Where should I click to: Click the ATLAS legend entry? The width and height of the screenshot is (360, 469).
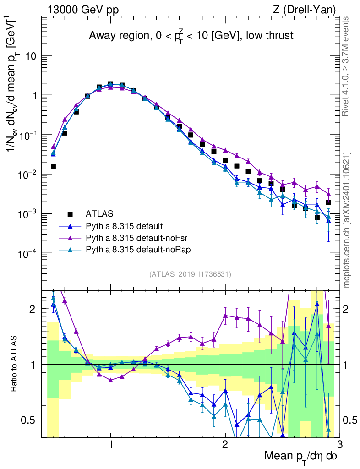coord(99,213)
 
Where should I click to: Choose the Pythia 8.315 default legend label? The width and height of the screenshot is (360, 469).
coord(124,226)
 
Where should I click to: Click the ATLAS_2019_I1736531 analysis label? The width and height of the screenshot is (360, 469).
coord(190,274)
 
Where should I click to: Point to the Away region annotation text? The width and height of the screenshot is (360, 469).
coord(191,35)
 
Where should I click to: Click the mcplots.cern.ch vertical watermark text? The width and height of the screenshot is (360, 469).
coord(347,220)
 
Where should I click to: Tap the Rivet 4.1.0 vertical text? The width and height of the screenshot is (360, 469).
coord(347,66)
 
